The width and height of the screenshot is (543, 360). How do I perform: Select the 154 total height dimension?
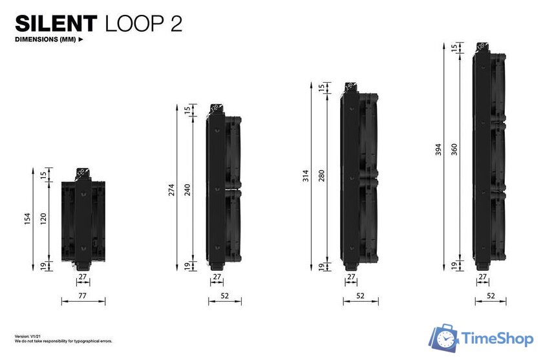pyautogui.click(x=28, y=219)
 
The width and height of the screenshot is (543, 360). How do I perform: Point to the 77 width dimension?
pyautogui.click(x=82, y=295)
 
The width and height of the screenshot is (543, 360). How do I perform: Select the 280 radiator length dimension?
pyautogui.click(x=321, y=176)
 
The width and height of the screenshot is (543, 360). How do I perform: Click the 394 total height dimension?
pyautogui.click(x=438, y=150)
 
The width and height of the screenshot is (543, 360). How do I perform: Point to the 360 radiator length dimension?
pyautogui.click(x=454, y=150)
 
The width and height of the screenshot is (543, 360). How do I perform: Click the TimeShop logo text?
pyautogui.click(x=498, y=338)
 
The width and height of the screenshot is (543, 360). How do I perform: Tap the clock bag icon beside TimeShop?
pyautogui.click(x=445, y=338)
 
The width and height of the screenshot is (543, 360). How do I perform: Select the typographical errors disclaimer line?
pyautogui.click(x=54, y=341)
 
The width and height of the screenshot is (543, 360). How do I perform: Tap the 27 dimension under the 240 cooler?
pyautogui.click(x=216, y=276)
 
